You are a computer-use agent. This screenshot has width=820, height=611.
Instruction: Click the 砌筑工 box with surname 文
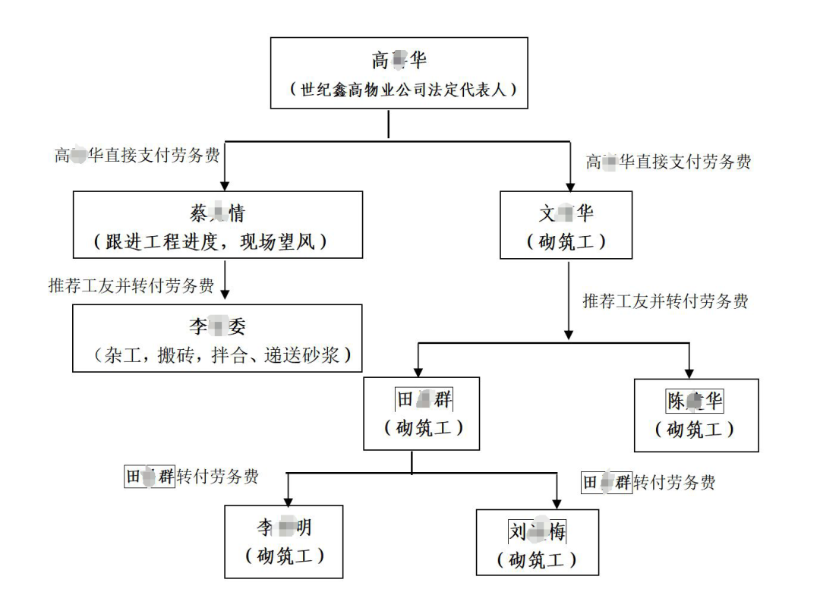(566, 226)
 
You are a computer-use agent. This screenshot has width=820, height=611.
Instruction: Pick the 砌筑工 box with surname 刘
(537, 541)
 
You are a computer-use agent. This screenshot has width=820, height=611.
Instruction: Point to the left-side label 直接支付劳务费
(137, 156)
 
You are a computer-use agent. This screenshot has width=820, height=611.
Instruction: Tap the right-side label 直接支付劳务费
(669, 162)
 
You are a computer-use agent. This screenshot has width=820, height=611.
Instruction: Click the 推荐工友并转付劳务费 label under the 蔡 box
(130, 286)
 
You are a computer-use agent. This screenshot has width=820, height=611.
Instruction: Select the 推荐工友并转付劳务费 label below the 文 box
(665, 301)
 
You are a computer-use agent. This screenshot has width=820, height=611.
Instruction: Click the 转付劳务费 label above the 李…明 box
(191, 477)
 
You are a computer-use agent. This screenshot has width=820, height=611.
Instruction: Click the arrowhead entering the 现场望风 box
(225, 185)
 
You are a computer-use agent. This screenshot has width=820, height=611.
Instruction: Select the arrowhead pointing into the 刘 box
(558, 503)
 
